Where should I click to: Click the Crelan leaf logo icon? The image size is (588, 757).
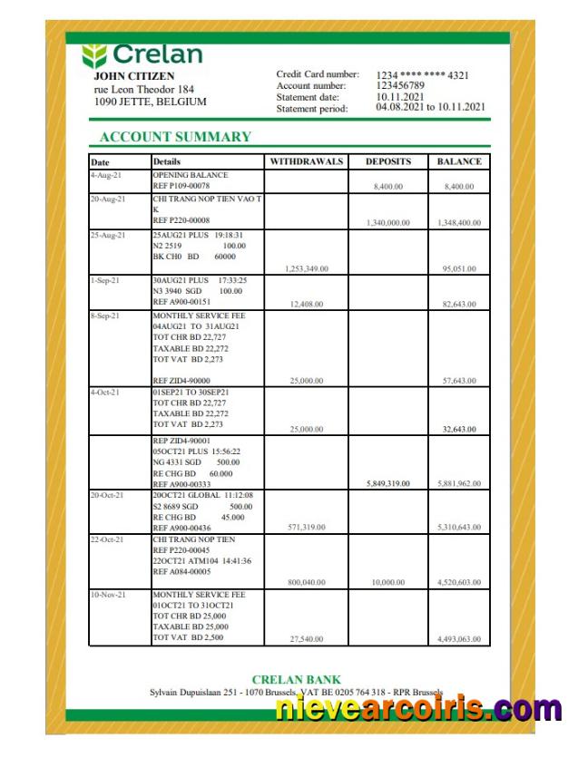coord(94,55)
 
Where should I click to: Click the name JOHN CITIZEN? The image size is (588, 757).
coord(134,76)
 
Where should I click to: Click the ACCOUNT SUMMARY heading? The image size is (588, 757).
coord(175,137)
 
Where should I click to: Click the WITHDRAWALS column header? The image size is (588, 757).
coord(307,161)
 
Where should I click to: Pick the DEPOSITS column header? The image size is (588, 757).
coord(388,161)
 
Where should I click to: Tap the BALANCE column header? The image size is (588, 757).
coord(459,161)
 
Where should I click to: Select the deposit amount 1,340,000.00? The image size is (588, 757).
coord(387,222)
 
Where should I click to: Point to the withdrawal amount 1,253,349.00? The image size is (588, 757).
coord(306,268)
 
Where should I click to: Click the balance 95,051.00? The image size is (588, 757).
coord(459,268)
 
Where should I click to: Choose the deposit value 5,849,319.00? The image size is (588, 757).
coord(387,484)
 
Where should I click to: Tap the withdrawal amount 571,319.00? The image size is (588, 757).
coord(308,527)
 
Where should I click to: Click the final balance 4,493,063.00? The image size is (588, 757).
coord(459,639)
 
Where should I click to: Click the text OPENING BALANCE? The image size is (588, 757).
coord(191,174)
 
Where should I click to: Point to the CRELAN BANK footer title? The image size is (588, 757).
coord(297,680)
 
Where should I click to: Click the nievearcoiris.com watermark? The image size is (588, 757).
coord(418,709)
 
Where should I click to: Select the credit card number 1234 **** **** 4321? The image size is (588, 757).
coord(423,74)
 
